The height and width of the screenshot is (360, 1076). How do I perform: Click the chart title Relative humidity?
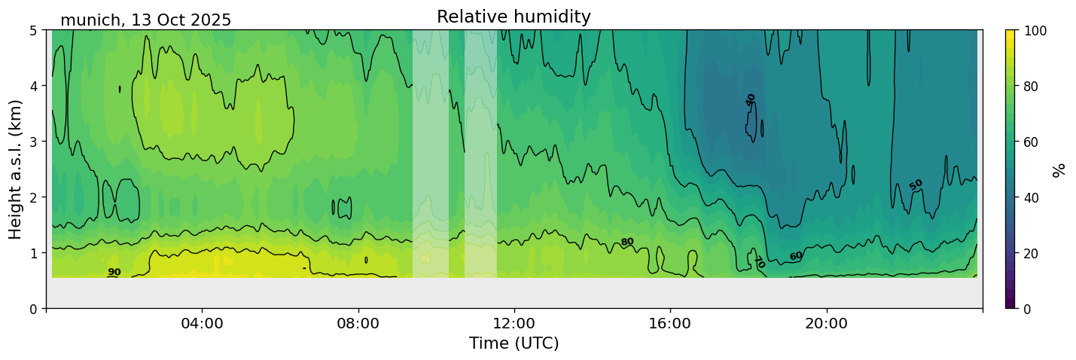pos(514,17)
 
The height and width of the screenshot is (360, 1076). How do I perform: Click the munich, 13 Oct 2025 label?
pos(145,20)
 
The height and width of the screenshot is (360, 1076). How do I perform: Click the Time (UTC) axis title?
pos(514,344)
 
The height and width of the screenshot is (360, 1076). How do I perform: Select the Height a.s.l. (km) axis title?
pos(16,169)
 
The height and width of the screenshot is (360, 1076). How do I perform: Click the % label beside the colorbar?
pos(1059,169)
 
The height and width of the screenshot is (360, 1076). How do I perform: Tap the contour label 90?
pos(114,273)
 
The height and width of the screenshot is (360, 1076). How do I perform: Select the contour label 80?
pos(626,242)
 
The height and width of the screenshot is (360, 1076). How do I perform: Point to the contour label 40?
pos(751,100)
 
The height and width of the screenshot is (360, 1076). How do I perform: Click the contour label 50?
pos(916,185)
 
